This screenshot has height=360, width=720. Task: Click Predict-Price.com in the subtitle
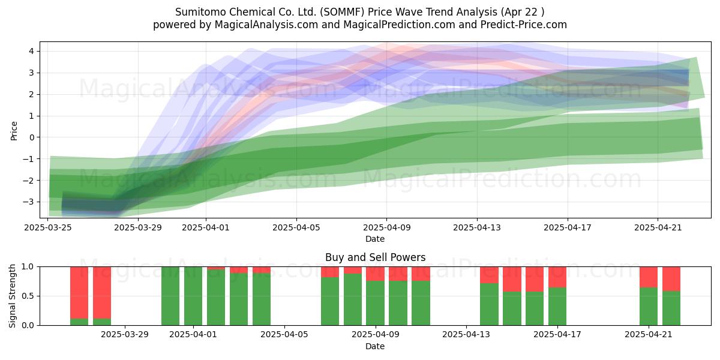(524, 25)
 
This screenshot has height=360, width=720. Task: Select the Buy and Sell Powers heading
(375, 257)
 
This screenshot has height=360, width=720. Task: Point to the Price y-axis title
(14, 131)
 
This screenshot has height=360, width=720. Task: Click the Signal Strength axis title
(12, 296)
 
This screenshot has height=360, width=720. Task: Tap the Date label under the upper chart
(375, 239)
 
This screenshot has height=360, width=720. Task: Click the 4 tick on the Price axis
(31, 51)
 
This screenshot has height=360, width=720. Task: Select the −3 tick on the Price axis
(28, 202)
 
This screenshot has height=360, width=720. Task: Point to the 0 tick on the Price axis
(31, 137)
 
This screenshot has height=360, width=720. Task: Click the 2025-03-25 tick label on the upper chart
(48, 227)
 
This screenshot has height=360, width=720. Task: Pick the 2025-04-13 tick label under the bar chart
(466, 335)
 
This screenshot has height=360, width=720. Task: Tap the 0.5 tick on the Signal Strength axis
(28, 296)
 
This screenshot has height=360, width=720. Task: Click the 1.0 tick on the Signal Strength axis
(28, 266)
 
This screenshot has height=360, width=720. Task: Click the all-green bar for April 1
(193, 296)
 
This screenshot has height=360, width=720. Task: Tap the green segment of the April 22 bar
(671, 308)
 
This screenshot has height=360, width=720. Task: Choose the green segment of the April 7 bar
(330, 301)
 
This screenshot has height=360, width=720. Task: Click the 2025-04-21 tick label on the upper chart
(658, 227)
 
